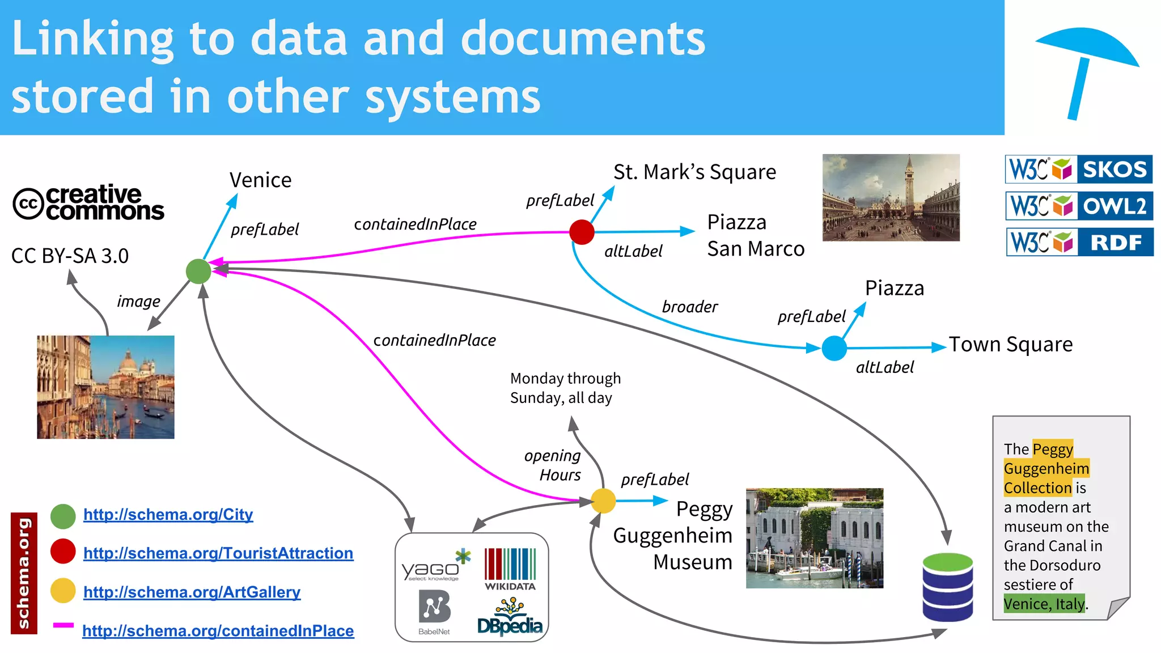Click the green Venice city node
point(198,271)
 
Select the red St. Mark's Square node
point(582,232)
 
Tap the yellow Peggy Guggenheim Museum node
point(603,501)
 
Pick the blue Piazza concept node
point(834,348)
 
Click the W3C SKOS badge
point(1078,169)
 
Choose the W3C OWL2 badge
point(1078,206)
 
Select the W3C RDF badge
point(1079,242)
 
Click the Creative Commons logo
point(88,203)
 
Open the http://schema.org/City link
point(168,514)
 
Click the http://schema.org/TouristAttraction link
point(218,553)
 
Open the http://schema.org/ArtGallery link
point(192,592)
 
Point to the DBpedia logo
point(510,619)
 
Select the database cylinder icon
point(947,587)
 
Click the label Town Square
point(1011,344)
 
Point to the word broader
point(689,307)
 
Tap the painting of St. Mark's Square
point(891,197)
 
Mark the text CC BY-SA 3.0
point(70,256)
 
